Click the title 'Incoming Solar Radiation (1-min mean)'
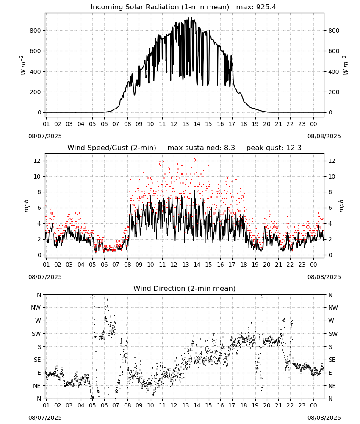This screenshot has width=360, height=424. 160,7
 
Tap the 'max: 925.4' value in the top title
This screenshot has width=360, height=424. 256,7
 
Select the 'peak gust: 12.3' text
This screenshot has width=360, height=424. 274,148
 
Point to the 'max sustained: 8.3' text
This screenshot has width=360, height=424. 201,148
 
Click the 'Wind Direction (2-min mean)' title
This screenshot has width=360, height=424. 185,288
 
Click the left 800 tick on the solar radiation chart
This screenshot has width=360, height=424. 35,31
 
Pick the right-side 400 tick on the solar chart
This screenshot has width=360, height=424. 334,72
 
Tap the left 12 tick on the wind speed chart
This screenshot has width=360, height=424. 37,161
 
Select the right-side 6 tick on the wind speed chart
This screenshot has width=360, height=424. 330,208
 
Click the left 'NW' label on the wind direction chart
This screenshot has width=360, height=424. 36,307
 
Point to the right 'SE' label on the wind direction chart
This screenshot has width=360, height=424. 332,360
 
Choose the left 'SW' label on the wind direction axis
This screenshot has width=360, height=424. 36,334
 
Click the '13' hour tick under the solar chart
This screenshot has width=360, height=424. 185,124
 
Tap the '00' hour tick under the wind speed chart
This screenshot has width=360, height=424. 313,265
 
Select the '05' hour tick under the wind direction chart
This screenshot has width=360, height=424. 92,405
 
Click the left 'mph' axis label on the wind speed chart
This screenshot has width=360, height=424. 26,206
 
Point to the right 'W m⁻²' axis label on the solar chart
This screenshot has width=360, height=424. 346,65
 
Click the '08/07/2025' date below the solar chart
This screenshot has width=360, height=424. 45,136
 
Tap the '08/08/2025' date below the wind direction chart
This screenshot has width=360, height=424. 324,418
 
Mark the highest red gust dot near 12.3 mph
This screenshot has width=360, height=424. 194,159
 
